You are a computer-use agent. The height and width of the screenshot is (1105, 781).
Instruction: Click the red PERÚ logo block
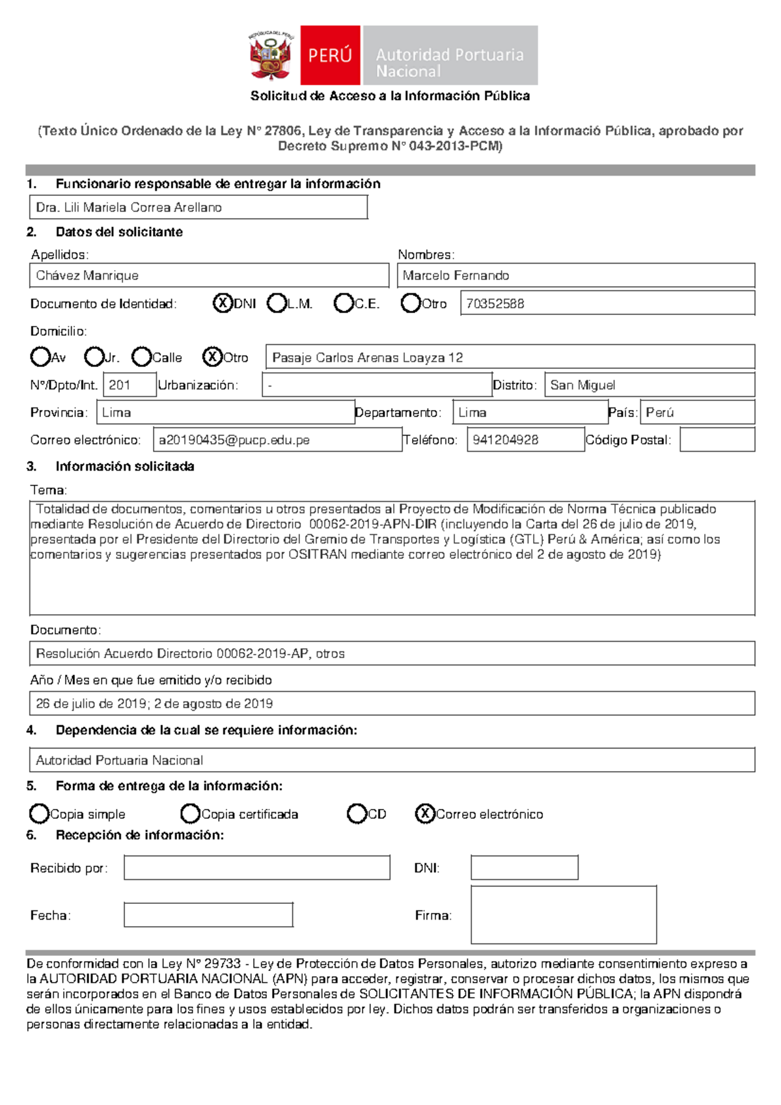[x=330, y=55]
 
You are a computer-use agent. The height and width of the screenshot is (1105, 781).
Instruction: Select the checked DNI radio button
[x=223, y=303]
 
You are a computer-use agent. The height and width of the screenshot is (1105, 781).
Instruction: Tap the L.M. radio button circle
[x=277, y=303]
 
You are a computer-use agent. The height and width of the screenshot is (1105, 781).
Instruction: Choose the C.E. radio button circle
[x=343, y=303]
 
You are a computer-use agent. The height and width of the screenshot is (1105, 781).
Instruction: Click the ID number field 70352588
[x=607, y=303]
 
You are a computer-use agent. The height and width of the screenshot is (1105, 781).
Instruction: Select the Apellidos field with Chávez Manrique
[x=208, y=275]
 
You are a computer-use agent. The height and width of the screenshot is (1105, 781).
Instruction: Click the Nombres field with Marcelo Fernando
[x=575, y=275]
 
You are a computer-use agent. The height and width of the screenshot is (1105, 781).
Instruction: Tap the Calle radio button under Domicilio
[x=141, y=357]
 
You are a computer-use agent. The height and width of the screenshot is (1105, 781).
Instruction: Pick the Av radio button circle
[x=40, y=357]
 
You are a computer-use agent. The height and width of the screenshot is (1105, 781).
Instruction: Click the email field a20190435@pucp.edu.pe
[x=277, y=440]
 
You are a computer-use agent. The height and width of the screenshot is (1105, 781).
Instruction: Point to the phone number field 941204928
[x=525, y=440]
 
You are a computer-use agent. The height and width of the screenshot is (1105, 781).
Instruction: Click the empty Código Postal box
[x=717, y=440]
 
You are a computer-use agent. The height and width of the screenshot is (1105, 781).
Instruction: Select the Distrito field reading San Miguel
[x=650, y=385]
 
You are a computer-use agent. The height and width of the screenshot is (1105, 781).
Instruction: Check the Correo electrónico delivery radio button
[x=425, y=813]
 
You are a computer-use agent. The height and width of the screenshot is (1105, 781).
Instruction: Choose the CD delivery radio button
[x=357, y=813]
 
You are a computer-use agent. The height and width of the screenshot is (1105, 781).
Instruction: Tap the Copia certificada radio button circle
[x=190, y=813]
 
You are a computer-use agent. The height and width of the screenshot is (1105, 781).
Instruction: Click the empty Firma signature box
[x=564, y=914]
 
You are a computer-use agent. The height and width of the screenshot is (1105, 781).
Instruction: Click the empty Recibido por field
[x=257, y=867]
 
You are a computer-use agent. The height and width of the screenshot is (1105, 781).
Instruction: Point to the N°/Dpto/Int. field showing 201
[x=130, y=385]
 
